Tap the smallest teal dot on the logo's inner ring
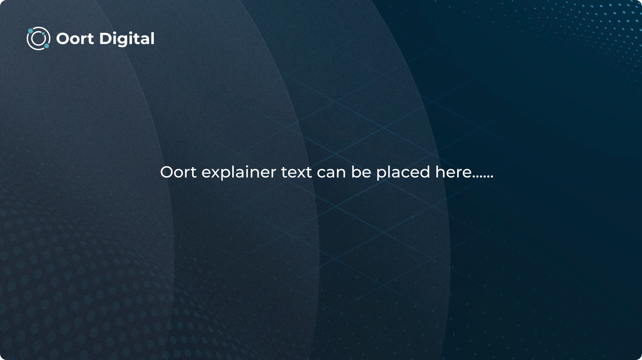43,34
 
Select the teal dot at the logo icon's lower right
46,46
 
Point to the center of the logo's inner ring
38,38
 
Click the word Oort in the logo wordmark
75,39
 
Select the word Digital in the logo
127,39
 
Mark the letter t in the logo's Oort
90,39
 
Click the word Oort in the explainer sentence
178,172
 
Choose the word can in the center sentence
331,174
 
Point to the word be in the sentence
361,172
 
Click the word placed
403,173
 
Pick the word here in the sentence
453,172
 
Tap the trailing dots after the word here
483,177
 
